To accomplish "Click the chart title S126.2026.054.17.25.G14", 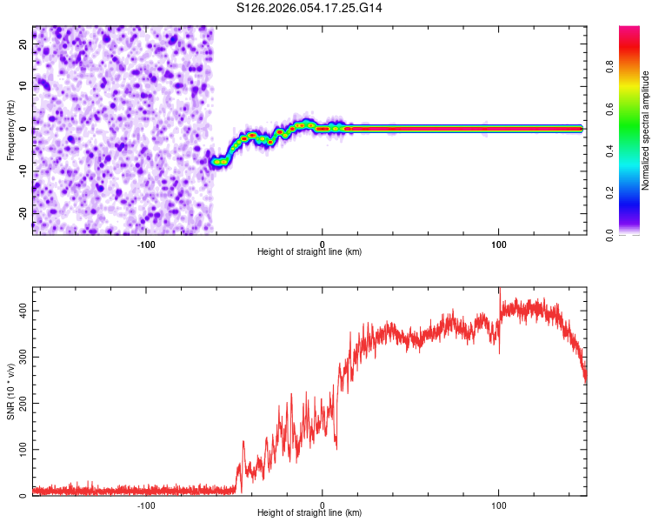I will point(310,8).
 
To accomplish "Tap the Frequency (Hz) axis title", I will point(10,130).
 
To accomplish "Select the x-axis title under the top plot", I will point(309,252).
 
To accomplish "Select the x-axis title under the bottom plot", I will point(309,513).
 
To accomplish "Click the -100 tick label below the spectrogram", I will point(146,244).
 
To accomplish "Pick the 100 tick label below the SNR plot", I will point(499,505).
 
